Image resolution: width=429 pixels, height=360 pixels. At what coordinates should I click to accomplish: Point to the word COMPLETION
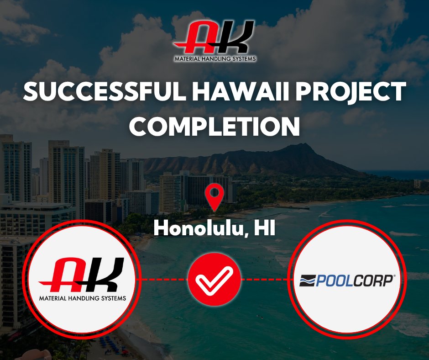214,126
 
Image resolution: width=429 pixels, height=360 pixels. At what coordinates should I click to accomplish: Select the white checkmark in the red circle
214,279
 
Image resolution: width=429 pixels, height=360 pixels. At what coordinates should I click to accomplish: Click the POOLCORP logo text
351,280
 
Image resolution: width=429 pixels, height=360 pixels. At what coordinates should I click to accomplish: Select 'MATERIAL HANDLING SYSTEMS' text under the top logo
214,58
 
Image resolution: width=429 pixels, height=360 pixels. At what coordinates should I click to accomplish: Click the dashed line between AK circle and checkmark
162,279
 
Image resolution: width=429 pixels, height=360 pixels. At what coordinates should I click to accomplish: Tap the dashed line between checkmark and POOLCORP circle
266,279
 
